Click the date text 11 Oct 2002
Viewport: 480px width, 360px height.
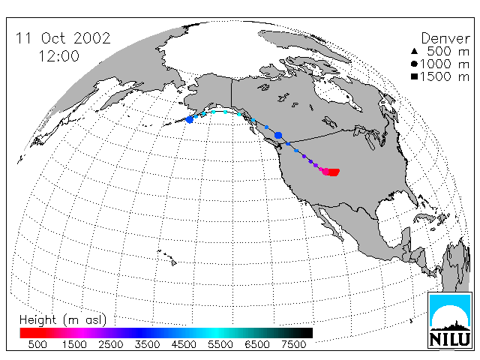pos(63,38)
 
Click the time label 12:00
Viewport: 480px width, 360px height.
pos(58,56)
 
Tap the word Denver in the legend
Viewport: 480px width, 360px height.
pos(445,38)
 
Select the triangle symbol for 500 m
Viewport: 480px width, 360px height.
pos(414,51)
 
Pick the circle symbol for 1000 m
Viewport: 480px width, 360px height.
pos(414,64)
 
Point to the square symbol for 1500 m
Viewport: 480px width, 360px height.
pos(414,76)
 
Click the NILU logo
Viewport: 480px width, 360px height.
pos(450,320)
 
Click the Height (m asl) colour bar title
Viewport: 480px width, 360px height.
pos(63,320)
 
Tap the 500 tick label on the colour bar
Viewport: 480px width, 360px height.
pos(37,345)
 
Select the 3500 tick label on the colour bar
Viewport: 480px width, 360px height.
pos(147,345)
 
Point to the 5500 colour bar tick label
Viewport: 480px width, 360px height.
pos(220,345)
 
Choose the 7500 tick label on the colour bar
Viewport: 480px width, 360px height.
pos(293,345)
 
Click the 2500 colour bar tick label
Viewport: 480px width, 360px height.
pos(110,345)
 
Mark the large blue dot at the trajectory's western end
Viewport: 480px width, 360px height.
pos(190,119)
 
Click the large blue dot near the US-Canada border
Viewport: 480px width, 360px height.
pos(278,135)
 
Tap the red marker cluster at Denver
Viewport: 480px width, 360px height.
pos(331,172)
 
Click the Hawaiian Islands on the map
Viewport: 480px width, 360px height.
pos(167,258)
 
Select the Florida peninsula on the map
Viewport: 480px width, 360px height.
pos(412,198)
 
